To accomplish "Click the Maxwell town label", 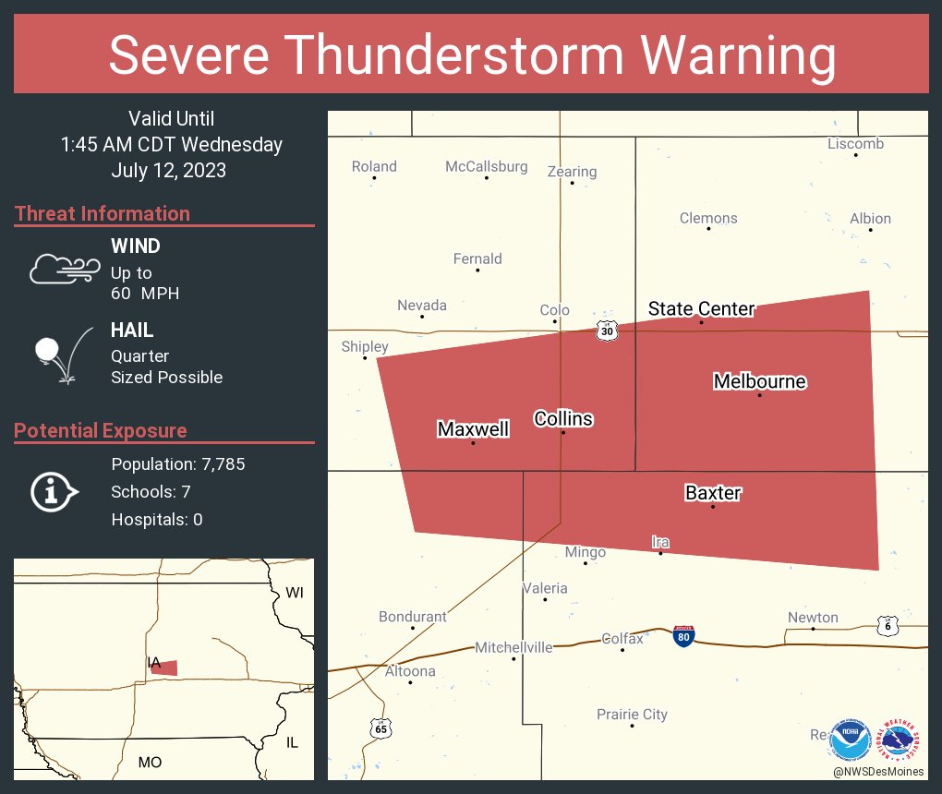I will pyautogui.click(x=473, y=429).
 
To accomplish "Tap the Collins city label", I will pyautogui.click(x=563, y=419).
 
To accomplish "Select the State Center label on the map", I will pyautogui.click(x=701, y=308).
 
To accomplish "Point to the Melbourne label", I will pyautogui.click(x=759, y=381).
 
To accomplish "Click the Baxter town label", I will pyautogui.click(x=712, y=493).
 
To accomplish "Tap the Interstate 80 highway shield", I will pyautogui.click(x=683, y=635).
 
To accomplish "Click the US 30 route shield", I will pyautogui.click(x=606, y=331).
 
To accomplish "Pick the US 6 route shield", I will pyautogui.click(x=888, y=625).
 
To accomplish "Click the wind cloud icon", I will pyautogui.click(x=63, y=269).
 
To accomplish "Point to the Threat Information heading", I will pyautogui.click(x=103, y=213).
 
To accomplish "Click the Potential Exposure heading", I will pyautogui.click(x=101, y=430).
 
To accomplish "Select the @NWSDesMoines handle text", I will pyautogui.click(x=877, y=772).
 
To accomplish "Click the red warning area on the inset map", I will pyautogui.click(x=164, y=668).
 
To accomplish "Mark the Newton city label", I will pyautogui.click(x=813, y=618).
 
